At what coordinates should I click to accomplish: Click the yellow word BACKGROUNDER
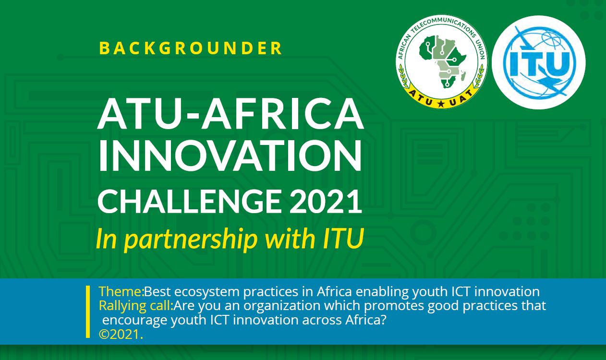[x=191, y=48]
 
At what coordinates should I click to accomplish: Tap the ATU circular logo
[x=441, y=61]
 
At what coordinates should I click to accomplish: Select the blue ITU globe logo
[x=539, y=62]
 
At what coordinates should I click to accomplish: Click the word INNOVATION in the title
[x=230, y=156]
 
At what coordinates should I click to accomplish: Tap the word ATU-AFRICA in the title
[x=231, y=114]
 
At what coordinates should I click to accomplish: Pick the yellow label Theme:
[x=121, y=291]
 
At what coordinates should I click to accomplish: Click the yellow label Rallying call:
[x=136, y=306]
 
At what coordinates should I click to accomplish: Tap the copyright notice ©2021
[x=121, y=335]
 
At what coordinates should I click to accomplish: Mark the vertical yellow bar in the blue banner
[x=88, y=312]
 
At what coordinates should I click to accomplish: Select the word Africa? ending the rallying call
[x=365, y=320]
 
